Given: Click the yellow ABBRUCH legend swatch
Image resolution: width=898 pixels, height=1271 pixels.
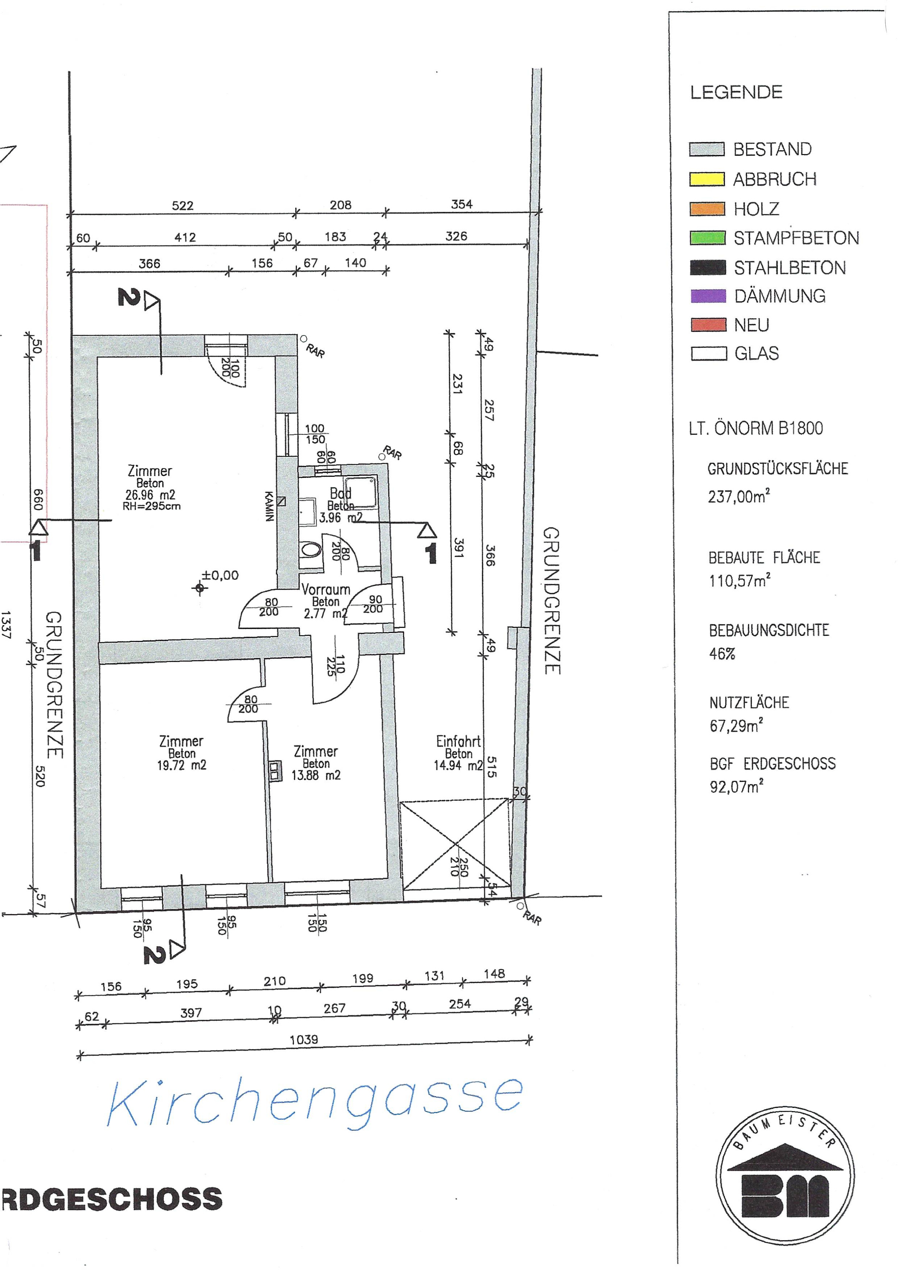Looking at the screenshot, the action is tap(707, 179).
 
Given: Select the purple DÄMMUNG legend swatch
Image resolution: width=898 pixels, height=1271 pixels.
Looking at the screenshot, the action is tap(708, 296).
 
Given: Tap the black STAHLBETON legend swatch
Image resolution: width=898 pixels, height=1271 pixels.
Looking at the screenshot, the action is tap(708, 268).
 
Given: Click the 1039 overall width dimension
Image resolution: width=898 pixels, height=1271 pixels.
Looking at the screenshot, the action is tap(304, 1040).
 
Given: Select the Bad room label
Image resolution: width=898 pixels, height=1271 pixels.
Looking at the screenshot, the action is tap(340, 493).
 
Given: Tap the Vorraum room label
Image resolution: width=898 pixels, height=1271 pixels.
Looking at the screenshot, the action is tap(326, 589).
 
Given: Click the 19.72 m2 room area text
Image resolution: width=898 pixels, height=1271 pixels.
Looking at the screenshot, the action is tap(181, 765).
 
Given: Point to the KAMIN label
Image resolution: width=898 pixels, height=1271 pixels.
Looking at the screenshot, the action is tap(269, 506).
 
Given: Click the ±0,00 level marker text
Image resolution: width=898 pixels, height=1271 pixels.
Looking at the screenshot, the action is tap(220, 575).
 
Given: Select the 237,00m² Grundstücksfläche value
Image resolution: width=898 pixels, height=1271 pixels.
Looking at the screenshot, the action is tap(739, 496).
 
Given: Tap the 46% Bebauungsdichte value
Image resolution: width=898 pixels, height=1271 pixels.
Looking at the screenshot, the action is tap(722, 654).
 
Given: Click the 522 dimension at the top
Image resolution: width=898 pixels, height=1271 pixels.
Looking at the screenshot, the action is tap(183, 206).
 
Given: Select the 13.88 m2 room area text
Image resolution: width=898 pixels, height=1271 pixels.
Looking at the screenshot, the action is tap(316, 775).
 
